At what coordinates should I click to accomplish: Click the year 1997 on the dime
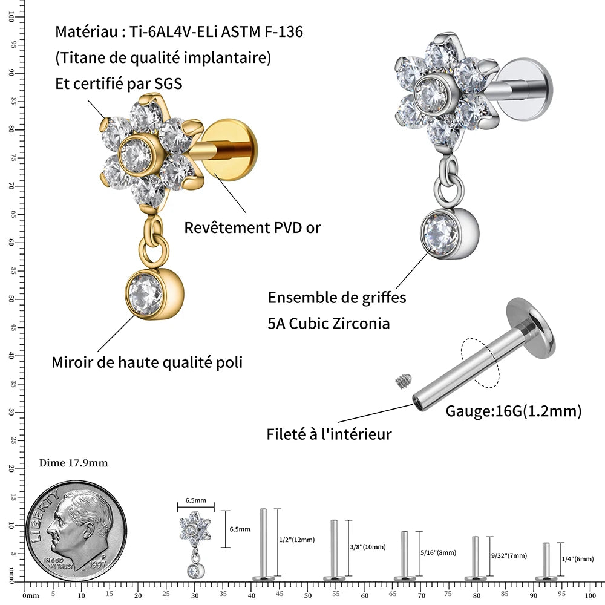click(x=97, y=564)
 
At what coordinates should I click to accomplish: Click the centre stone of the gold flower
click(x=136, y=154)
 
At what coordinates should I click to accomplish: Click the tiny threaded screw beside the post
click(x=404, y=381)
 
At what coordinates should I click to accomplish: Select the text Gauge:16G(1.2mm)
click(x=513, y=411)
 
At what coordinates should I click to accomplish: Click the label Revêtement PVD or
click(x=252, y=227)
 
